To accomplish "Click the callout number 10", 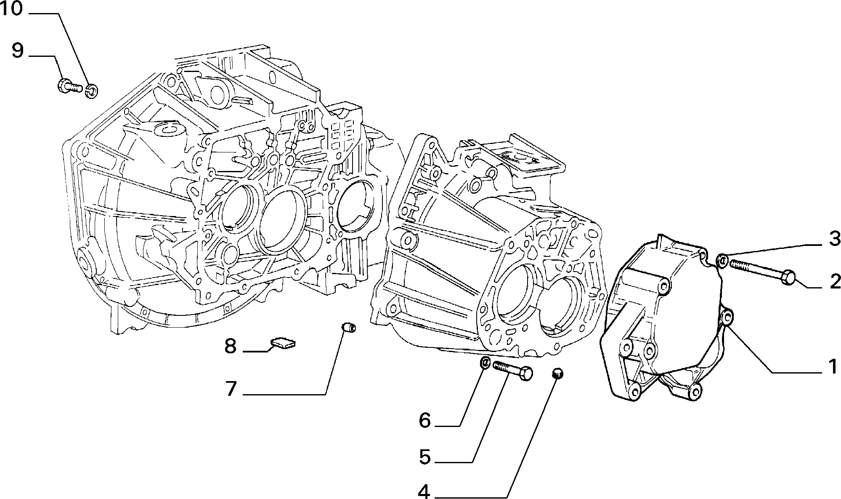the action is [12, 8].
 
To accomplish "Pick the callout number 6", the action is [425, 420].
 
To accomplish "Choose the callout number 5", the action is [425, 456].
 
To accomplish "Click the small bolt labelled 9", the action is [70, 86].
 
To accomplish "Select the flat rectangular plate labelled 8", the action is [283, 343].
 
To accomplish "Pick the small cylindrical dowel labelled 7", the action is [348, 327].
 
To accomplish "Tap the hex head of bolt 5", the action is [525, 374].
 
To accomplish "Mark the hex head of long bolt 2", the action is [788, 277].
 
